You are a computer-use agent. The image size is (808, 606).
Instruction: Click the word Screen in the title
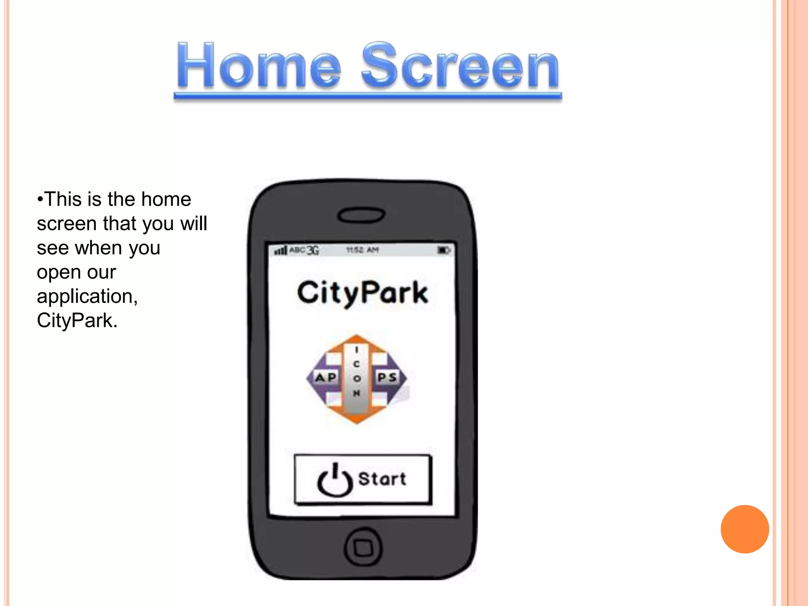460,66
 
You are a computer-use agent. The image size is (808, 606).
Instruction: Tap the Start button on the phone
363,479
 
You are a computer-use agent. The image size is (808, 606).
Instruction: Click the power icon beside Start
335,480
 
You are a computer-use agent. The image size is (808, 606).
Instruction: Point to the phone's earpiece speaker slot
361,215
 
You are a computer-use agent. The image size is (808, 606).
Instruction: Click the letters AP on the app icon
325,378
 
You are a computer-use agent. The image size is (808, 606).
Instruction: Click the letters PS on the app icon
387,378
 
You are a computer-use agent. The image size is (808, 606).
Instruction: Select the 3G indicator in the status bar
313,250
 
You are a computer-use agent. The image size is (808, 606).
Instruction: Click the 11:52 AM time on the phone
362,250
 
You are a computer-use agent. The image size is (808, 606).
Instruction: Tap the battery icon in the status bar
443,250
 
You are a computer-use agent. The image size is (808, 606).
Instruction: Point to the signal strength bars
281,251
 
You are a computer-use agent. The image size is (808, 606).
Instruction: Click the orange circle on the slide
744,529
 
